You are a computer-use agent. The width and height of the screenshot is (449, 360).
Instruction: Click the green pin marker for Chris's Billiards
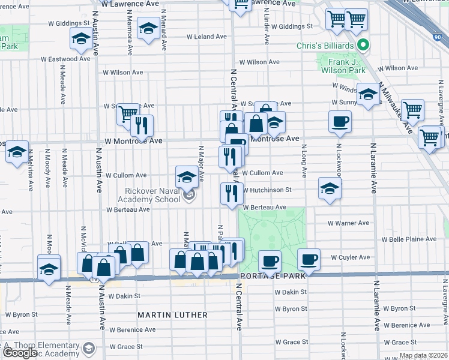(x=363, y=46)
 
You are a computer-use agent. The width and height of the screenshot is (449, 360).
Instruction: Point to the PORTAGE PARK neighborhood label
(x=273, y=275)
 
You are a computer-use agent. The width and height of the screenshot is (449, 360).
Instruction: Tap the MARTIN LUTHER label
(x=172, y=315)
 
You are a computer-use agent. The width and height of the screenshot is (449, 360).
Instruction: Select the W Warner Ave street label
(x=348, y=223)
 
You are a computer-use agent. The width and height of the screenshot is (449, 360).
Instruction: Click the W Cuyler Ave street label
(x=351, y=257)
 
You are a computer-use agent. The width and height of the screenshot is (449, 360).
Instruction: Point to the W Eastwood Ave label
(x=67, y=59)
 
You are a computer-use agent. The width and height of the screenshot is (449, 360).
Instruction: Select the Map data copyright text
(x=423, y=355)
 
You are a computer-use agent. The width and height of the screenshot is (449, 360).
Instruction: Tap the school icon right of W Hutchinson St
(x=329, y=188)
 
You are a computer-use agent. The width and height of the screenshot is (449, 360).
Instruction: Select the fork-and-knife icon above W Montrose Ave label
(x=142, y=125)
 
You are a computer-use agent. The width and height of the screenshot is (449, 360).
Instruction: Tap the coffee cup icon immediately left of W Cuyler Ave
(x=309, y=259)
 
